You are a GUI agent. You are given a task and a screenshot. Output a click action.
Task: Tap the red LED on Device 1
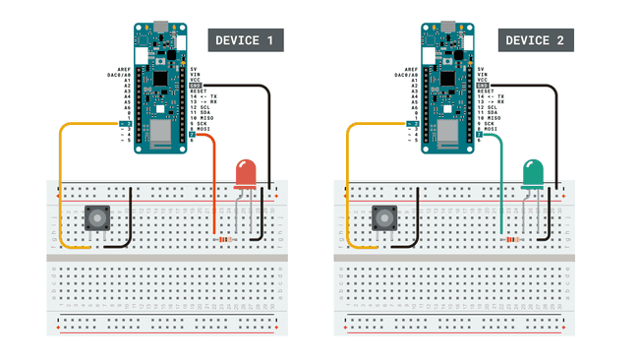click(x=245, y=175)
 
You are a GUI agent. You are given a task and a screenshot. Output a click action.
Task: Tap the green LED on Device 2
click(x=534, y=175)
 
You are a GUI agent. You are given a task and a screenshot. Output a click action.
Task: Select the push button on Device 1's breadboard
click(x=96, y=218)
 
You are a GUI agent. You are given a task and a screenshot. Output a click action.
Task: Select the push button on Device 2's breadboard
click(x=384, y=218)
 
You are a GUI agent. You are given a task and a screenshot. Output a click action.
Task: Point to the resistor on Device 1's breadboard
click(x=227, y=239)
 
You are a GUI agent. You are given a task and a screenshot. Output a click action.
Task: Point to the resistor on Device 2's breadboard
click(x=512, y=239)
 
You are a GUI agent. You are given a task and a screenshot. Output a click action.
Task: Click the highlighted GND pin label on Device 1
click(x=195, y=86)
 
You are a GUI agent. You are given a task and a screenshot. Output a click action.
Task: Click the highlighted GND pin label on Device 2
click(x=483, y=86)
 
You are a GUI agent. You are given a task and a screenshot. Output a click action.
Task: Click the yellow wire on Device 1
click(x=62, y=187)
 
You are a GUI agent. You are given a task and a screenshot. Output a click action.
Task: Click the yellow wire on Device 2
click(x=350, y=187)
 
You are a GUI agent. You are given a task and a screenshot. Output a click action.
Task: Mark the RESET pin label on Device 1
click(x=199, y=91)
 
